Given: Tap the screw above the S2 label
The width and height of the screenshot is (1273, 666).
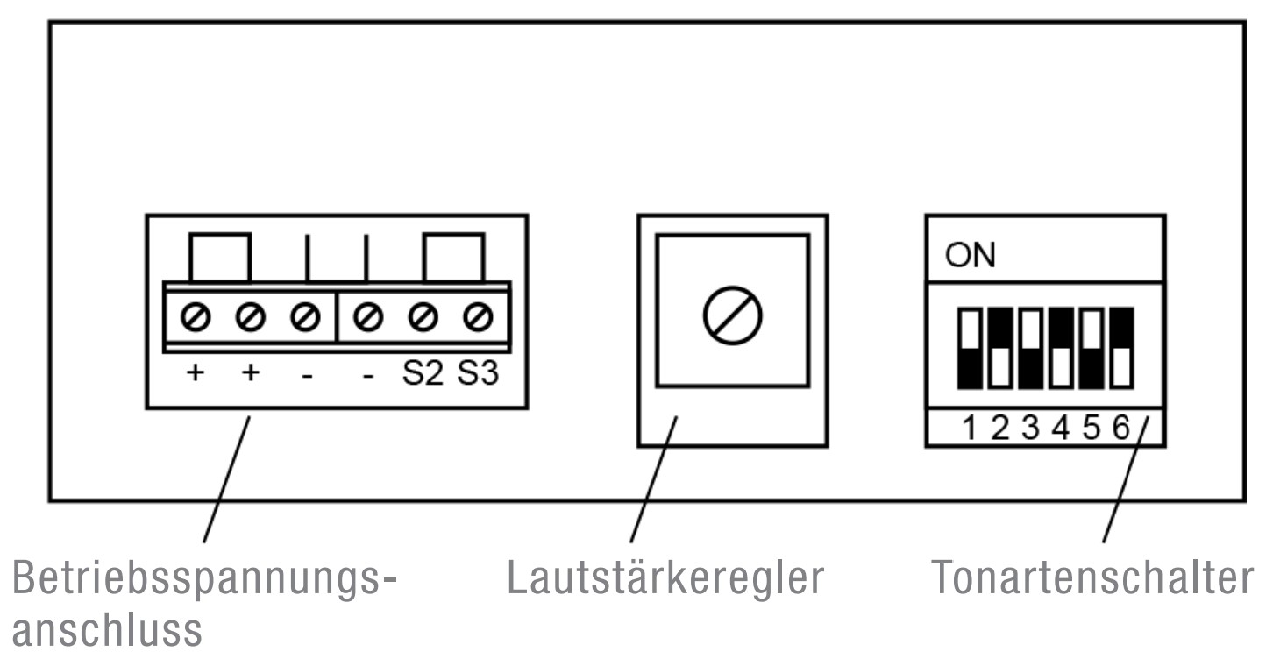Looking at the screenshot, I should click(423, 315).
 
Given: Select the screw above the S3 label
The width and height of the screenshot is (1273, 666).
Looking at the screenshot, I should click(478, 315).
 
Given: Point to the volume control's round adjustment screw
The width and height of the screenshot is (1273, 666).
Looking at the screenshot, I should click(732, 314).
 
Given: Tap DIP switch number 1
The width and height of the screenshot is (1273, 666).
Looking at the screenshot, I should click(971, 349).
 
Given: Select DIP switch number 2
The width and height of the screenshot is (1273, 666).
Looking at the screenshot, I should click(999, 349).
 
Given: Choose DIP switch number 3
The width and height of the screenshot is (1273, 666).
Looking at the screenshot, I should click(1029, 349).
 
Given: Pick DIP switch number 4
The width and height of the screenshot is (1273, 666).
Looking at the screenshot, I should click(1061, 349).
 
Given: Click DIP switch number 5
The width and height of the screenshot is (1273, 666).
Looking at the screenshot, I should click(1091, 349).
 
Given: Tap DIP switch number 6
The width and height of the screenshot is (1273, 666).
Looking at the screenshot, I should click(1120, 349).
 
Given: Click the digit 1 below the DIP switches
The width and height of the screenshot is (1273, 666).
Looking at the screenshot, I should click(971, 429).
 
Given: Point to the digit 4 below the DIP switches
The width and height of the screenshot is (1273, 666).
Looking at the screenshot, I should click(1062, 429).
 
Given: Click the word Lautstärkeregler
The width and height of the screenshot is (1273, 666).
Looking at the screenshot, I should click(665, 578).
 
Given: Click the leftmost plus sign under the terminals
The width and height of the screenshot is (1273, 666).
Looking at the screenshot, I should click(196, 374).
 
